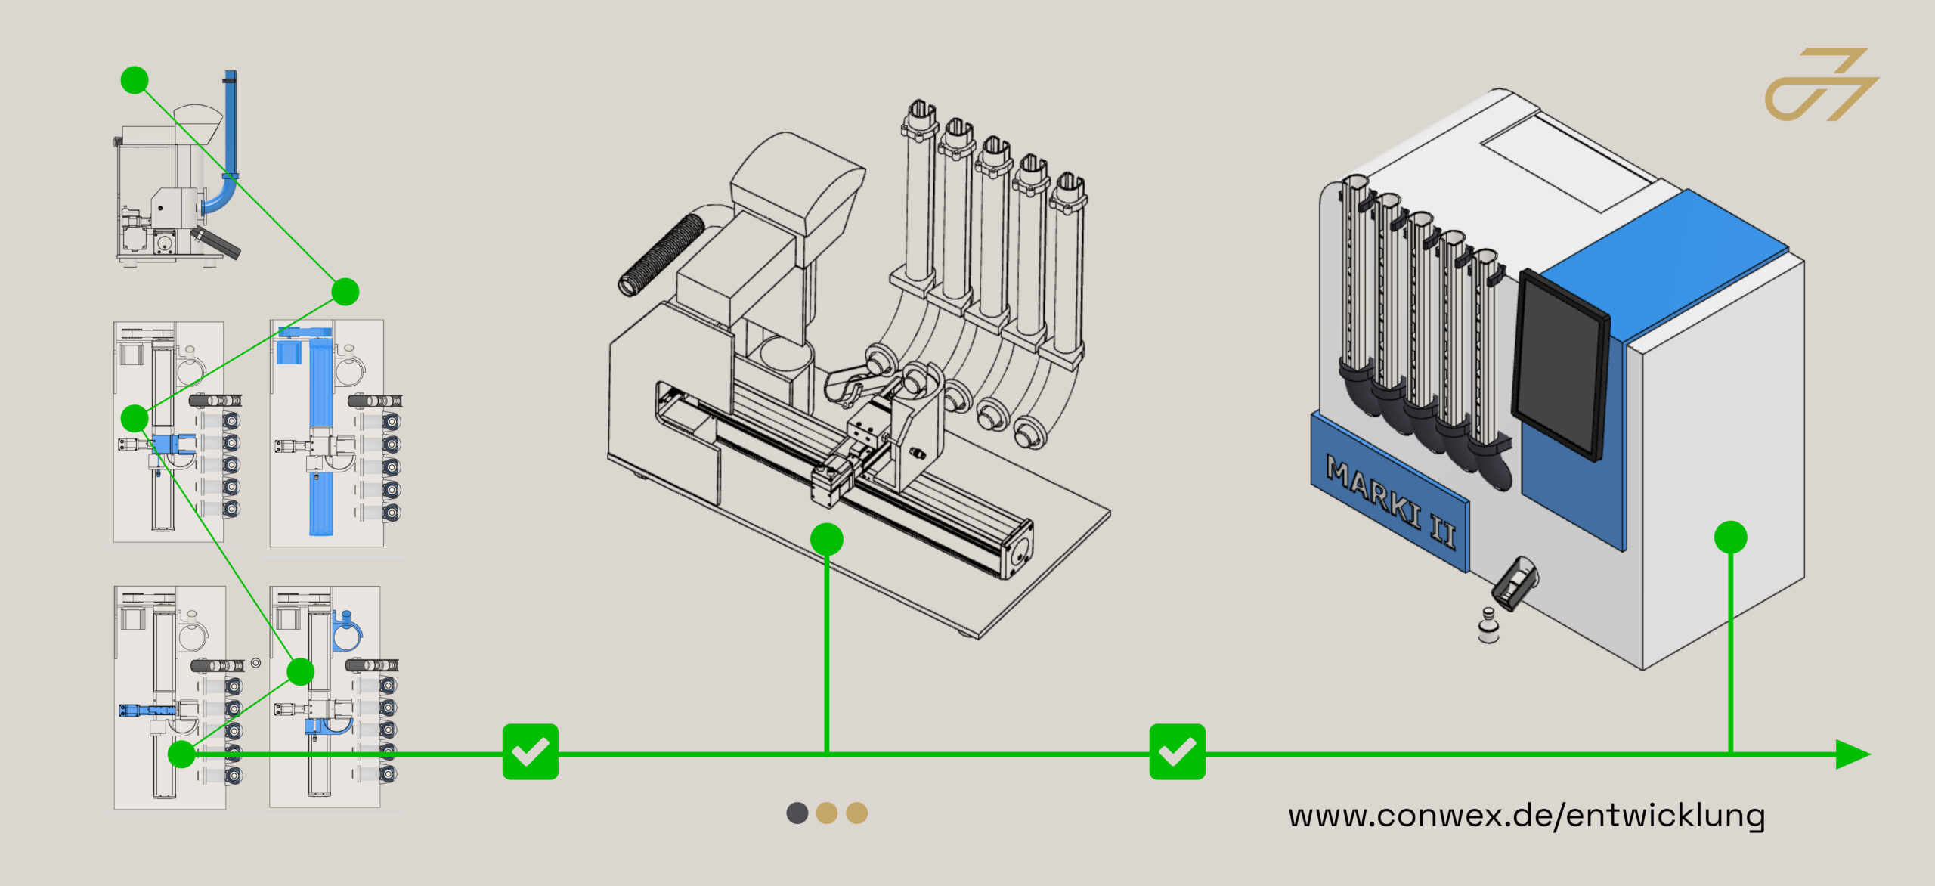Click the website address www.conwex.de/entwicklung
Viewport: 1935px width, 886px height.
(x=1526, y=816)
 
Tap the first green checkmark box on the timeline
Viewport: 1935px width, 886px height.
(x=530, y=751)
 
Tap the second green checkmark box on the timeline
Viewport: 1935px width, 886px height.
(x=1177, y=751)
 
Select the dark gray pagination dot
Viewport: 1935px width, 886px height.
(x=797, y=813)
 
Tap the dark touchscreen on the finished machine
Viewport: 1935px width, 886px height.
(x=1560, y=364)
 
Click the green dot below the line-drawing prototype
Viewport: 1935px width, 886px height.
(x=826, y=540)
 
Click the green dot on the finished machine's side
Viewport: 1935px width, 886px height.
(x=1730, y=537)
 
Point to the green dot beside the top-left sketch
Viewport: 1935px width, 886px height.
(x=135, y=79)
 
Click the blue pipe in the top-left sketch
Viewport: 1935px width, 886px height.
(x=229, y=136)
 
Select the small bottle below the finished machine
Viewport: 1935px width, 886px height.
(x=1488, y=625)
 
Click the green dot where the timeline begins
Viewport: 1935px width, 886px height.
(x=181, y=754)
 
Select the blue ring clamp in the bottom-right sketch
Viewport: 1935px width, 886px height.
(x=347, y=631)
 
